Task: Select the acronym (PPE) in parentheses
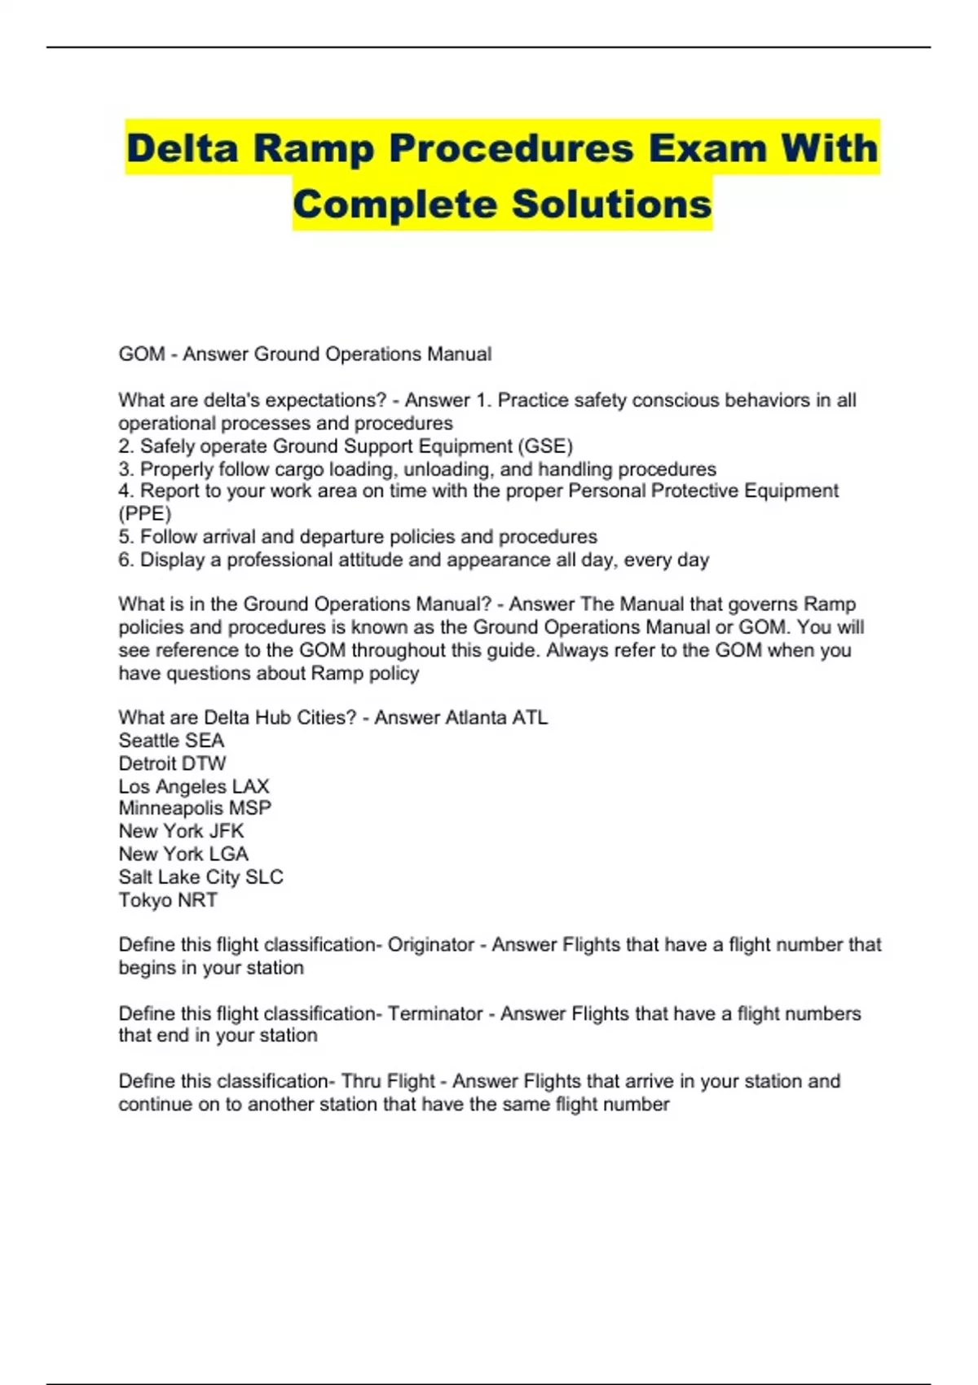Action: click(145, 514)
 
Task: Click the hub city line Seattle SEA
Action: click(171, 741)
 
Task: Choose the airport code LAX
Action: click(250, 786)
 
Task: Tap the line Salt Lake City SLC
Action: click(200, 877)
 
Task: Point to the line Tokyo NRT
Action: click(168, 900)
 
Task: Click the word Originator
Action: click(430, 945)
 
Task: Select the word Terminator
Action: click(435, 1013)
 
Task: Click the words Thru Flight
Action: click(388, 1081)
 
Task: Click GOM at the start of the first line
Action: click(141, 354)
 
